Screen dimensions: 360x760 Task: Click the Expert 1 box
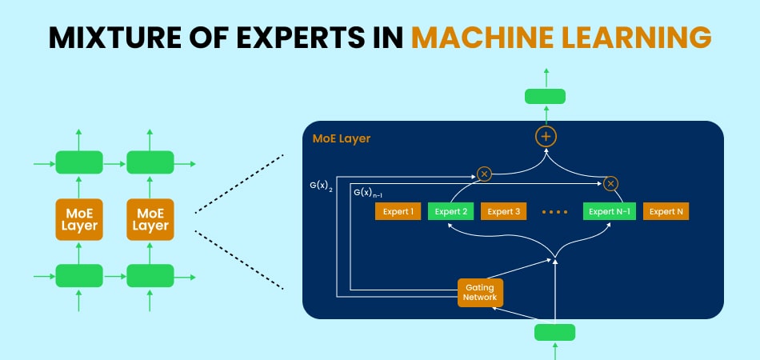pyautogui.click(x=398, y=212)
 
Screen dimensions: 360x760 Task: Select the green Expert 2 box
pyautogui.click(x=450, y=212)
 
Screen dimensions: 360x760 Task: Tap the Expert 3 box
pyautogui.click(x=504, y=212)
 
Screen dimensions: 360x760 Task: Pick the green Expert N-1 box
pyautogui.click(x=609, y=212)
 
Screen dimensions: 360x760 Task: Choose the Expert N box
pyautogui.click(x=666, y=212)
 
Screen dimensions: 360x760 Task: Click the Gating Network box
pyautogui.click(x=480, y=292)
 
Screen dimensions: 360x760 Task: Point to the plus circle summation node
pyautogui.click(x=546, y=137)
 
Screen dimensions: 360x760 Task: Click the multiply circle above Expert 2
pyautogui.click(x=483, y=173)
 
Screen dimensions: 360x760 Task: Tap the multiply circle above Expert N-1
pyautogui.click(x=611, y=184)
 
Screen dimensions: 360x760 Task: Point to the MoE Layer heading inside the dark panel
pyautogui.click(x=342, y=139)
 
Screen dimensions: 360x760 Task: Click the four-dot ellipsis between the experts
pyautogui.click(x=555, y=213)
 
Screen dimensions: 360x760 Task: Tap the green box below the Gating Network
pyautogui.click(x=554, y=332)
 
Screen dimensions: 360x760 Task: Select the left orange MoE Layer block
pyautogui.click(x=78, y=218)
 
